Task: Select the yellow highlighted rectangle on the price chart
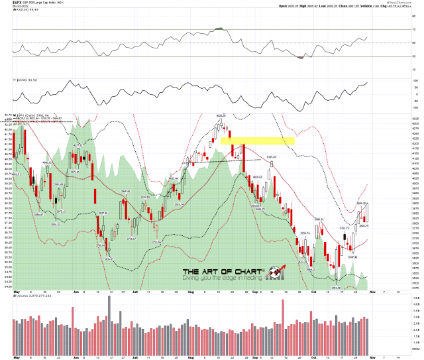tap(258, 141)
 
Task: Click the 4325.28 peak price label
tap(222, 115)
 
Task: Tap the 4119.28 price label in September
tap(271, 156)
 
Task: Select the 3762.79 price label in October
tap(344, 227)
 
